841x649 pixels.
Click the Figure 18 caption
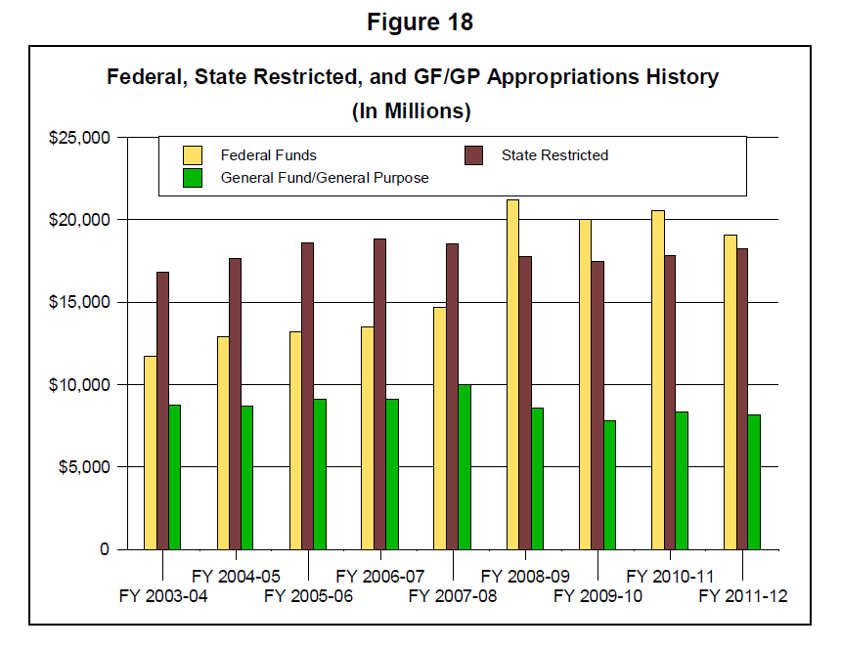point(420,22)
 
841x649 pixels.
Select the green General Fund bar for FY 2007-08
point(465,466)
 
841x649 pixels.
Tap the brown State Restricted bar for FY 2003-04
point(162,410)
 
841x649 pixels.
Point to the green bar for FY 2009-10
point(609,484)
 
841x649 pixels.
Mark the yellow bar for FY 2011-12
point(730,391)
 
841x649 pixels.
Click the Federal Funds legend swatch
point(193,154)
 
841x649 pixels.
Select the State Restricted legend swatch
point(473,154)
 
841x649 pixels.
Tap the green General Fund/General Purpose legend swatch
point(193,177)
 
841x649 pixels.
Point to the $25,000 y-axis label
point(81,138)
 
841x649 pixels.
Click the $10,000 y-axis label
point(81,385)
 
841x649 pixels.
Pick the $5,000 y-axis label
point(85,467)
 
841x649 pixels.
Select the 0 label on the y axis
point(104,549)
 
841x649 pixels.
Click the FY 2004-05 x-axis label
point(236,575)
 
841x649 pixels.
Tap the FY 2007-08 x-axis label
point(453,596)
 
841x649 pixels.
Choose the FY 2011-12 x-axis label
point(743,596)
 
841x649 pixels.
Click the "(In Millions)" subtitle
point(412,111)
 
